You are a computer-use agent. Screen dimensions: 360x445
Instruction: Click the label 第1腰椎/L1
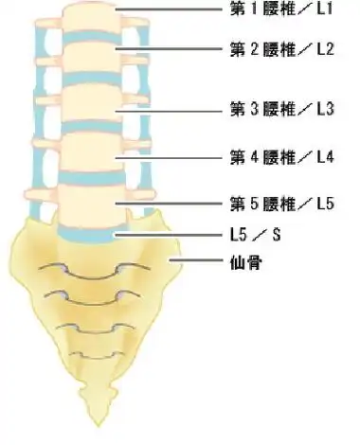(282, 10)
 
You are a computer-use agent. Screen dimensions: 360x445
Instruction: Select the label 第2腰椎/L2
(282, 48)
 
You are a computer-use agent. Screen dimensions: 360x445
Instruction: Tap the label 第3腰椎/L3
(282, 109)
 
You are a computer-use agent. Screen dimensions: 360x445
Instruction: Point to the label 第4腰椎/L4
(282, 154)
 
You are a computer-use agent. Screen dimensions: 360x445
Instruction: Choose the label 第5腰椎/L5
(282, 203)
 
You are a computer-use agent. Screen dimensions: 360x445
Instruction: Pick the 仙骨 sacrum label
(246, 258)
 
